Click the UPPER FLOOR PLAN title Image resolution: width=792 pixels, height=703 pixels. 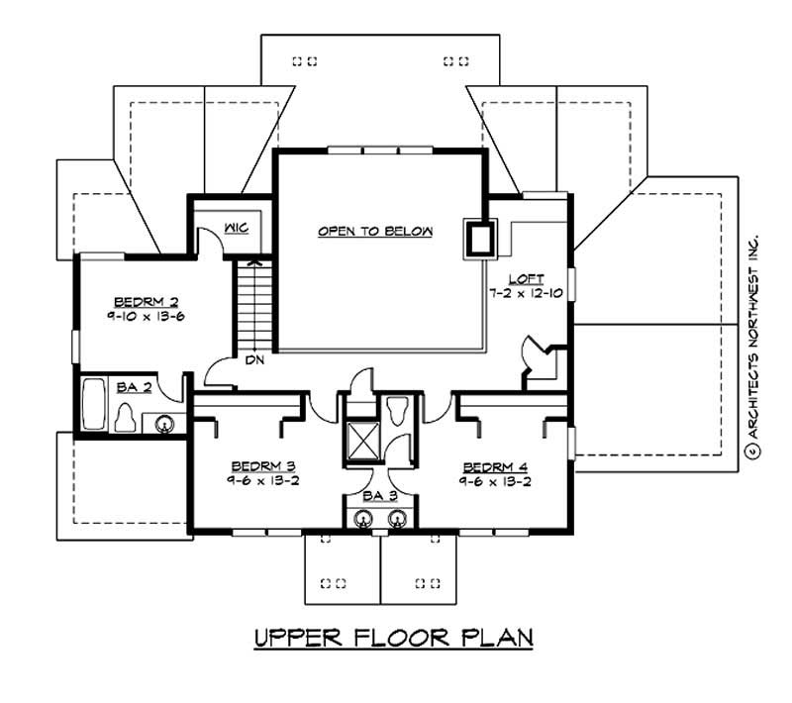click(x=394, y=637)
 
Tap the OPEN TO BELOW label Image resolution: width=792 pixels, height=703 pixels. click(x=375, y=232)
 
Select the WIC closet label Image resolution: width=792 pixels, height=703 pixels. click(x=235, y=228)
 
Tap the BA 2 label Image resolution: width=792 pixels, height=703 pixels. click(x=133, y=387)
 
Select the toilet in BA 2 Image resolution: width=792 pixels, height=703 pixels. click(x=126, y=418)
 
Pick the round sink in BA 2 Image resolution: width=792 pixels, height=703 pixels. click(x=165, y=424)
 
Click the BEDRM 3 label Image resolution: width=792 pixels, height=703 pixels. click(x=264, y=465)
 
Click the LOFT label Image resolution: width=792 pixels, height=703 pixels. click(x=525, y=279)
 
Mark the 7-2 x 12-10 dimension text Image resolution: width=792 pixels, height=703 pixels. click(x=525, y=294)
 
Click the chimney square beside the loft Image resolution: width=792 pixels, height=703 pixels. click(x=480, y=238)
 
